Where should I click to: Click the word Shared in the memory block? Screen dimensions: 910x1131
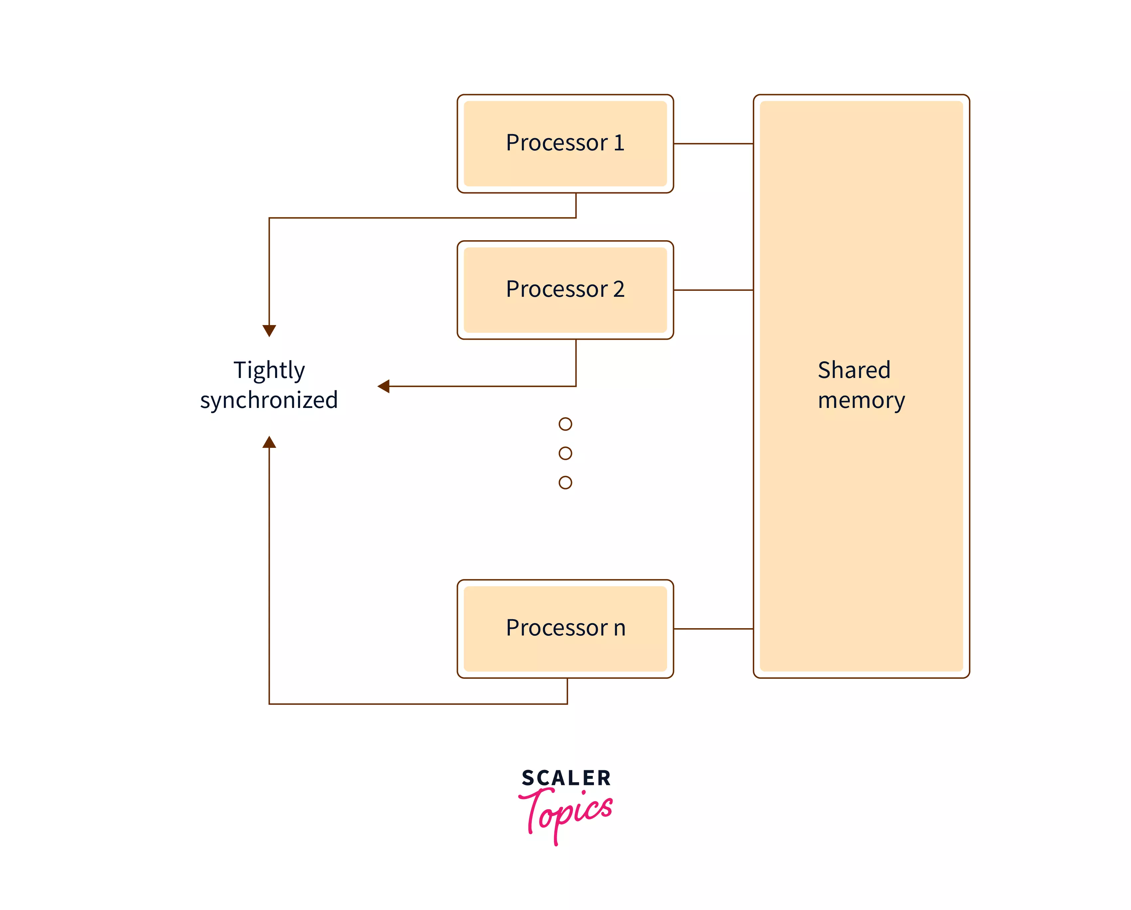(854, 370)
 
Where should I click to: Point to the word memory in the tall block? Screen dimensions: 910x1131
(861, 400)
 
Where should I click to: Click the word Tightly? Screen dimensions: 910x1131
(269, 371)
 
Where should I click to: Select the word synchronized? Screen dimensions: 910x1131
(269, 400)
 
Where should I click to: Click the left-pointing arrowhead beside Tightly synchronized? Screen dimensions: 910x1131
(383, 386)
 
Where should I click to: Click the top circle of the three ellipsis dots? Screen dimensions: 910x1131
(565, 424)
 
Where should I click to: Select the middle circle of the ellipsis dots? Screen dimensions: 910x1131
(565, 453)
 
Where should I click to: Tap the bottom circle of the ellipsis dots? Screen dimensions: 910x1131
(565, 482)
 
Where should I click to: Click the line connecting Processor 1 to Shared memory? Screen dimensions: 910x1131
(713, 143)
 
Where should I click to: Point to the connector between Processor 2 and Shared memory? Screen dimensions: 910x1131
(713, 290)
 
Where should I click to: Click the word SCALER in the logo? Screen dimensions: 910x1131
(566, 778)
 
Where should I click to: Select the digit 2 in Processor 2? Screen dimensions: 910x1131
(619, 289)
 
